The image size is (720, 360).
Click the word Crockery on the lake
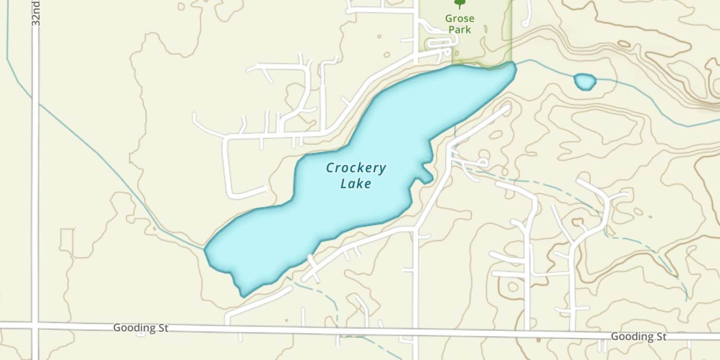356,168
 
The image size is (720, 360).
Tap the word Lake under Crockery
356,183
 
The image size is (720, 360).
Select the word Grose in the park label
459,19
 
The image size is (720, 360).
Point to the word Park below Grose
459,30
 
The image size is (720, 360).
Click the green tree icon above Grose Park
459,4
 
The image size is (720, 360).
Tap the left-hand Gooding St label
141,328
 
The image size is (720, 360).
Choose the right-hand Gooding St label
638,336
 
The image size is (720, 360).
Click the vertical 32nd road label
36,13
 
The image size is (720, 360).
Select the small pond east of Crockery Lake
585,82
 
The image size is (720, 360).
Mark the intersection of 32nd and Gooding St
35,326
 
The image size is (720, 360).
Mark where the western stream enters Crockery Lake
205,249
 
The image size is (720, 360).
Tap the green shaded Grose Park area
485,43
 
